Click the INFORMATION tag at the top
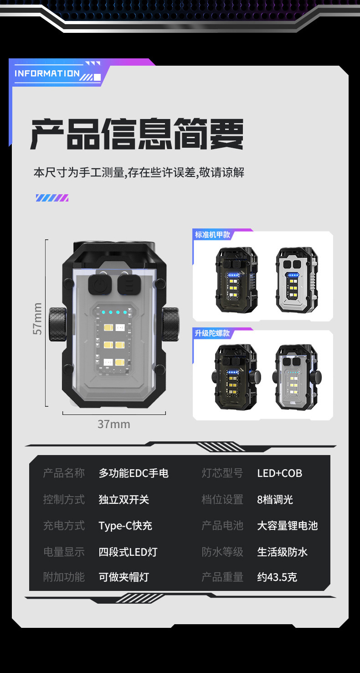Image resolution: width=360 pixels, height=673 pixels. click(47, 73)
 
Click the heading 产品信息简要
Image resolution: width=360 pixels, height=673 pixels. click(137, 135)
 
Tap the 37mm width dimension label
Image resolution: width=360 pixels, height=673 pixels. click(113, 424)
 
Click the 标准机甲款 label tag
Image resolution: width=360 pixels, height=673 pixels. click(213, 235)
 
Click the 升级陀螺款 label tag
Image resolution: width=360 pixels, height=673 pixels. click(213, 333)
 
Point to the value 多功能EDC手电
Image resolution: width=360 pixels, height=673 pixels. click(134, 473)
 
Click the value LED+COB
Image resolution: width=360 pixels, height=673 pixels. click(279, 473)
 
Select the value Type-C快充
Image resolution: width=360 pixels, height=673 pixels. click(125, 526)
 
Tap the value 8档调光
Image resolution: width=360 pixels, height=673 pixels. click(275, 500)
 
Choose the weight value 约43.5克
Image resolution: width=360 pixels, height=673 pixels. click(277, 577)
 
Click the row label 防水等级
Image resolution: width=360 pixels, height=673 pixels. click(222, 552)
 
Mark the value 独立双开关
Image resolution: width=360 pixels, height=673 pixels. click(124, 500)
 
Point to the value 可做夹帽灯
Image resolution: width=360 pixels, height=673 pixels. click(124, 577)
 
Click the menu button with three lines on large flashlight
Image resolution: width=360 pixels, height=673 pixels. click(127, 285)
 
